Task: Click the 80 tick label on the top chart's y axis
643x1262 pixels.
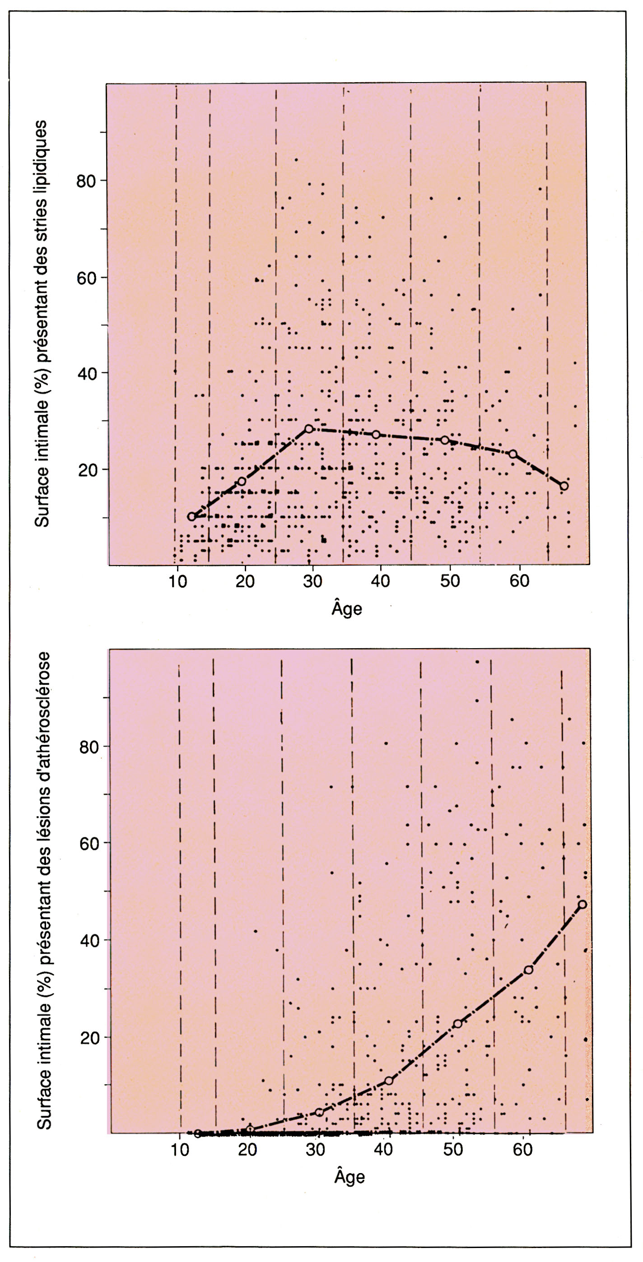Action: (x=86, y=181)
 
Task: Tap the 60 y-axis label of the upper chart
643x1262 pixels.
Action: (x=86, y=277)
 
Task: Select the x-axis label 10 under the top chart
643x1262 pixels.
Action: (x=177, y=581)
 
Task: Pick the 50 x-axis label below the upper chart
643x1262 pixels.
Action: (x=449, y=581)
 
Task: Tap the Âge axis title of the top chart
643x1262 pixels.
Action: (x=347, y=608)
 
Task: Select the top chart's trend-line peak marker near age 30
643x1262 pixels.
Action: (x=309, y=429)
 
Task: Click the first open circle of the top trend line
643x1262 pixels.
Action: (x=191, y=516)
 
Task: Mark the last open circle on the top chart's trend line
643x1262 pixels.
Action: (x=564, y=486)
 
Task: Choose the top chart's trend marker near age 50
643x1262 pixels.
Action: (x=445, y=440)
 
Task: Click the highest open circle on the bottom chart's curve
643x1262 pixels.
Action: (x=582, y=905)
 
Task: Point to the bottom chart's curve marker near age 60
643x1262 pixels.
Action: (x=528, y=970)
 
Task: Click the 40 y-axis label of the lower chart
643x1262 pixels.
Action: (x=89, y=941)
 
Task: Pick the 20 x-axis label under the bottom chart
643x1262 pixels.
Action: (x=248, y=1149)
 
